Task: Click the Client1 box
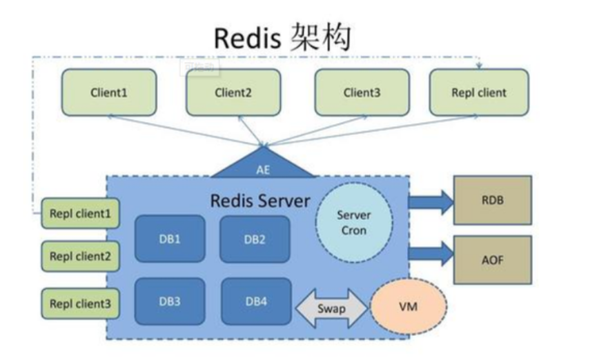pyautogui.click(x=109, y=92)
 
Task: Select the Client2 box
pyautogui.click(x=233, y=92)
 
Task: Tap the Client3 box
pyautogui.click(x=362, y=92)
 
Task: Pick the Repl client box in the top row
pyautogui.click(x=479, y=92)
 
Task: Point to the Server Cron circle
pyautogui.click(x=353, y=223)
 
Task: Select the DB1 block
pyautogui.click(x=170, y=239)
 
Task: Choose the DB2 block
pyautogui.click(x=255, y=239)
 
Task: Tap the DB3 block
pyautogui.click(x=170, y=301)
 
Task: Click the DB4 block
pyautogui.click(x=256, y=301)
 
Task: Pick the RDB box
pyautogui.click(x=492, y=200)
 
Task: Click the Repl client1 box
pyautogui.click(x=80, y=214)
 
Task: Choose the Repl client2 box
pyautogui.click(x=80, y=257)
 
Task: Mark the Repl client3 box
pyautogui.click(x=80, y=303)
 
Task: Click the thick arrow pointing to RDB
pyautogui.click(x=431, y=201)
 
